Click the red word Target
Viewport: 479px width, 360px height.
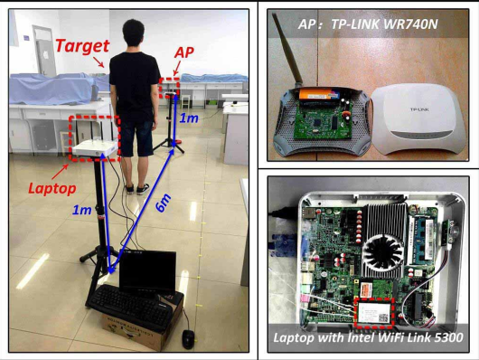[x=81, y=45]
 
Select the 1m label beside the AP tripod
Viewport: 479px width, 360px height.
[x=189, y=118]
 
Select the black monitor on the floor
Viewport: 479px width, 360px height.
[x=147, y=271]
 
